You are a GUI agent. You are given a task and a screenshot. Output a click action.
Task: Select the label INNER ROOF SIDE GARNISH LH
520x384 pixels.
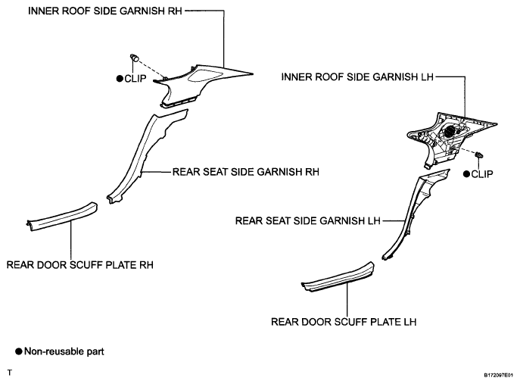pyautogui.click(x=356, y=76)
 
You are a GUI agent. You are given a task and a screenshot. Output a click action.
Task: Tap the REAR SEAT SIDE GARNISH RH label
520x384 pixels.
pyautogui.click(x=245, y=172)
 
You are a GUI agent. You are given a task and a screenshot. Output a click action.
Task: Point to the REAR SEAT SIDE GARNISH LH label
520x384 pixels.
pyautogui.click(x=309, y=221)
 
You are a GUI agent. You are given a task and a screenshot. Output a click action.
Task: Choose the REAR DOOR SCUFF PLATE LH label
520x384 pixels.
pyautogui.click(x=344, y=321)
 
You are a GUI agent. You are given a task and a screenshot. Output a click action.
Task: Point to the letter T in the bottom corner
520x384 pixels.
pyautogui.click(x=9, y=373)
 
